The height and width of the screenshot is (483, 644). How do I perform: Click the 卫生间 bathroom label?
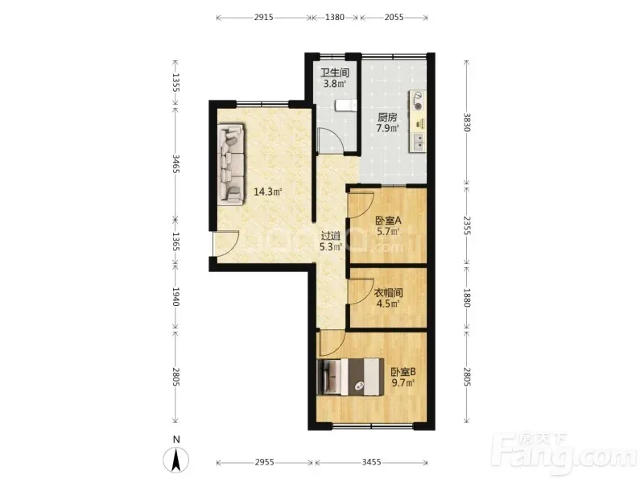click(335, 72)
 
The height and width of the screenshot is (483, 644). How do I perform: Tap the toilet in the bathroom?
click(345, 105)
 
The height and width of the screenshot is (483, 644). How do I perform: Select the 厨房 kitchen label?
click(387, 117)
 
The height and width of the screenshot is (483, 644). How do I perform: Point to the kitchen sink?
click(419, 140)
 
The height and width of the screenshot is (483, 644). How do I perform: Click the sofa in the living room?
click(231, 165)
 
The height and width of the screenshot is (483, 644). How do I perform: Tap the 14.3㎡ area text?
click(267, 192)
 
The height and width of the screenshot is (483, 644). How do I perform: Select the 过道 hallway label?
click(331, 236)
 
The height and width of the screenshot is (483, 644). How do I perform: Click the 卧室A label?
click(389, 221)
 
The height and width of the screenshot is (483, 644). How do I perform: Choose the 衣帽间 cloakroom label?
click(388, 293)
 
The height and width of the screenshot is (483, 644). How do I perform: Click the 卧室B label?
click(403, 372)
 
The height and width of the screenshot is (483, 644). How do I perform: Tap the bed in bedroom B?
click(350, 377)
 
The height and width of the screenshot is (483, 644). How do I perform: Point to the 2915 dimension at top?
click(264, 17)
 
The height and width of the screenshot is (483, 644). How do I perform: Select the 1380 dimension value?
click(335, 17)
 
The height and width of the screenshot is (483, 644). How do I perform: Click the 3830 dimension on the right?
click(466, 122)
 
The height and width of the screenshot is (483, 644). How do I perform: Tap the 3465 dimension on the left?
click(175, 163)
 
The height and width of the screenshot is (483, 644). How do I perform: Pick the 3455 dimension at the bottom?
click(371, 462)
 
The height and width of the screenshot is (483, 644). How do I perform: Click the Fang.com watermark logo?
click(566, 452)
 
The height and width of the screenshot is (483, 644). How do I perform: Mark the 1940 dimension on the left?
click(175, 296)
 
